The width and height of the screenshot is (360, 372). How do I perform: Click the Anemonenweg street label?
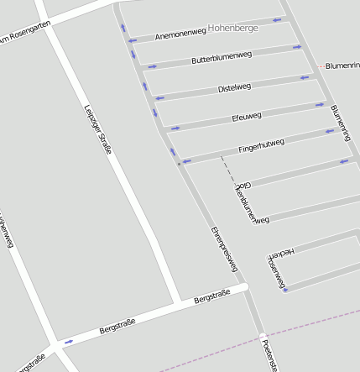pos(180,34)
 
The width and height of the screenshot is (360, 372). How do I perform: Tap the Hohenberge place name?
pos(234,28)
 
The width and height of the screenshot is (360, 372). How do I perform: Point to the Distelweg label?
pos(234,87)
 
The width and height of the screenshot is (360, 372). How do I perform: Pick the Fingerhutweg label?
pos(261,145)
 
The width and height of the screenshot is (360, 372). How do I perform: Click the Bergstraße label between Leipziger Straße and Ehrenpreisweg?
pos(211,297)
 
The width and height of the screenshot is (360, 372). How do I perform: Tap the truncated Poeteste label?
pos(269,356)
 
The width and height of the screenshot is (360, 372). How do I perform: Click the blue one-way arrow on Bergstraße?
pos(68,341)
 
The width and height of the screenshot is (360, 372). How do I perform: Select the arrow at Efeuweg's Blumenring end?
pos(320,105)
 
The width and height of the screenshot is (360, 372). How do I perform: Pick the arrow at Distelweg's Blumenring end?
pos(305,78)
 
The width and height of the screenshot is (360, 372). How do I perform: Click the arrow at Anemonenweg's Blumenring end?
pos(277,19)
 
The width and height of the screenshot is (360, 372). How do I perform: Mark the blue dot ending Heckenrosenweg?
pos(285,291)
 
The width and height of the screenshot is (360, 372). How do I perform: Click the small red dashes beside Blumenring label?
pos(321,65)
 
